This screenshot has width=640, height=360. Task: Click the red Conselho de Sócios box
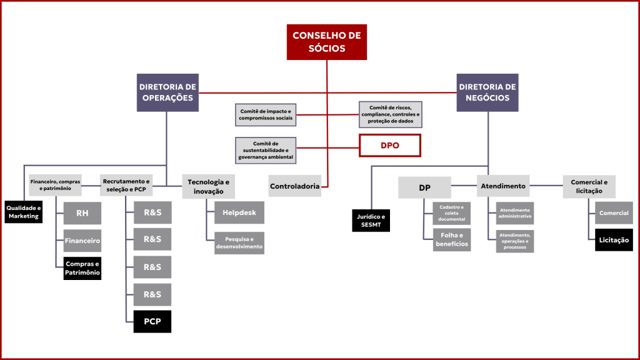[x=327, y=42]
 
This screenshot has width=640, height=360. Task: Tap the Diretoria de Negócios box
[x=487, y=92]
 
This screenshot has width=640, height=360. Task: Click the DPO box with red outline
[x=389, y=145]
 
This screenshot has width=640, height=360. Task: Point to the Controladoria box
[x=295, y=186]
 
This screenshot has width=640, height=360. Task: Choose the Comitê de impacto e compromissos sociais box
[x=266, y=114]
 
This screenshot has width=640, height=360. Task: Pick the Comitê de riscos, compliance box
[x=391, y=114]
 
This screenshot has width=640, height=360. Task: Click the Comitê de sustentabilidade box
[x=266, y=150]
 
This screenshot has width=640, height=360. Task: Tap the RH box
[x=82, y=213]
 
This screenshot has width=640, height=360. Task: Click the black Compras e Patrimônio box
[x=82, y=267]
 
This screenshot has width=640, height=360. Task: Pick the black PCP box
[x=152, y=321]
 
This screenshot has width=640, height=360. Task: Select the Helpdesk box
[x=239, y=212]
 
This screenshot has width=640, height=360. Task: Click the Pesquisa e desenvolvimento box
[x=239, y=242]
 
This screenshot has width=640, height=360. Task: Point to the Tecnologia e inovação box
[x=209, y=186]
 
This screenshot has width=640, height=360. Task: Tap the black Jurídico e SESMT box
[x=371, y=220]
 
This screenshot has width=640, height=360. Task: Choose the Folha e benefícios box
[x=452, y=239]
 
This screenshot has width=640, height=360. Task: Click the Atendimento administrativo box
[x=515, y=213]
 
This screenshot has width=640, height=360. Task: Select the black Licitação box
[x=614, y=239]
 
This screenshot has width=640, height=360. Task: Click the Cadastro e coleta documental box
[x=452, y=213]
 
